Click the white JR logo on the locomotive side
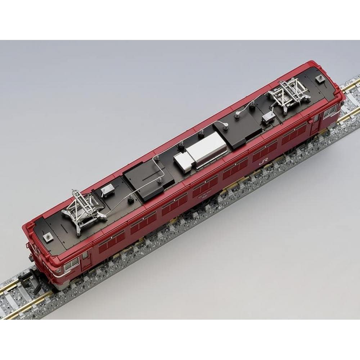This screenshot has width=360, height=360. [262, 163]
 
